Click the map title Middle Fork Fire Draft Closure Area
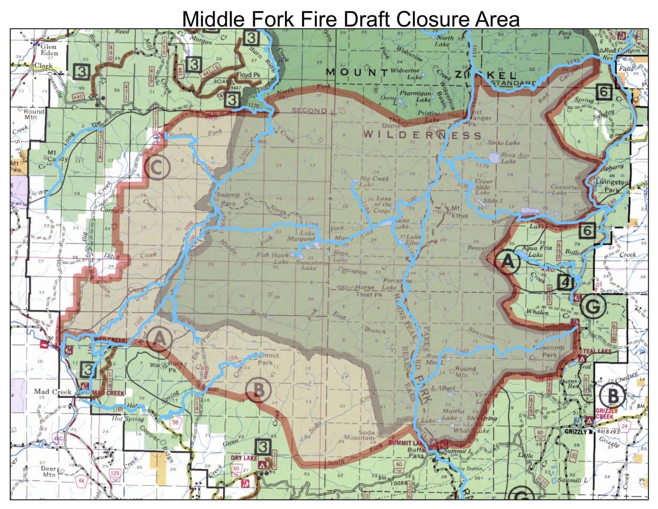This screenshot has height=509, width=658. click(x=350, y=19)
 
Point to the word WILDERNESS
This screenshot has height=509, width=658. click(x=422, y=135)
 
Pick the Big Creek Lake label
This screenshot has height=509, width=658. click(x=374, y=181)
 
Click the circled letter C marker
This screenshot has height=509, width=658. click(x=157, y=168)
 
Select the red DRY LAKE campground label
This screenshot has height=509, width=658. click(x=244, y=458)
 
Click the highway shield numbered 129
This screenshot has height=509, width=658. click(x=115, y=473)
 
